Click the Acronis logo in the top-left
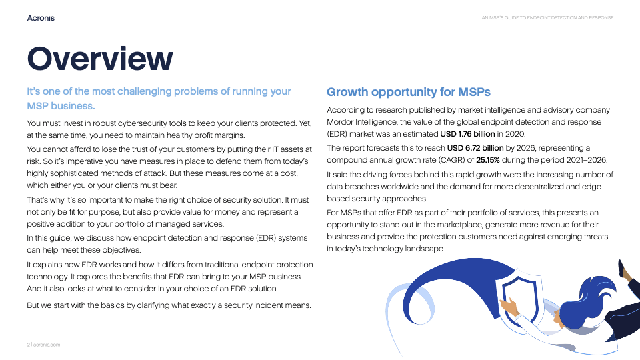pyautogui.click(x=41, y=18)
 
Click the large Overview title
pyautogui.click(x=100, y=59)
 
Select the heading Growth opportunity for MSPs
pyautogui.click(x=408, y=91)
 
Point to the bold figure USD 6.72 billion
pyautogui.click(x=475, y=147)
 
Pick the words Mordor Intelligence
pyautogui.click(x=361, y=122)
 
